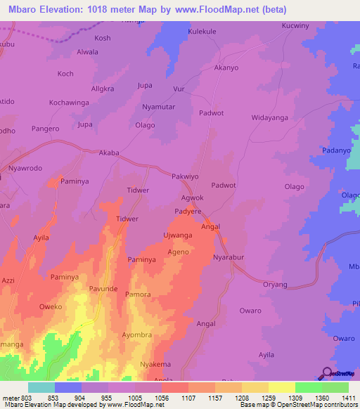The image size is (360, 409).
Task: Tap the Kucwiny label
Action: point(295,25)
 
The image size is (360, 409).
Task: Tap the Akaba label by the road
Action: point(109,152)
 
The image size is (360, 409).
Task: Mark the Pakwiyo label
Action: point(186,177)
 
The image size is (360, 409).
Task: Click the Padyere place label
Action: point(188,211)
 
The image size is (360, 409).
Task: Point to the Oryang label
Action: point(275,284)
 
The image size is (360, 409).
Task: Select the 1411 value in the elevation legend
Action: point(335,398)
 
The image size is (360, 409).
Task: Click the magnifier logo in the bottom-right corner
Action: point(327,373)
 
